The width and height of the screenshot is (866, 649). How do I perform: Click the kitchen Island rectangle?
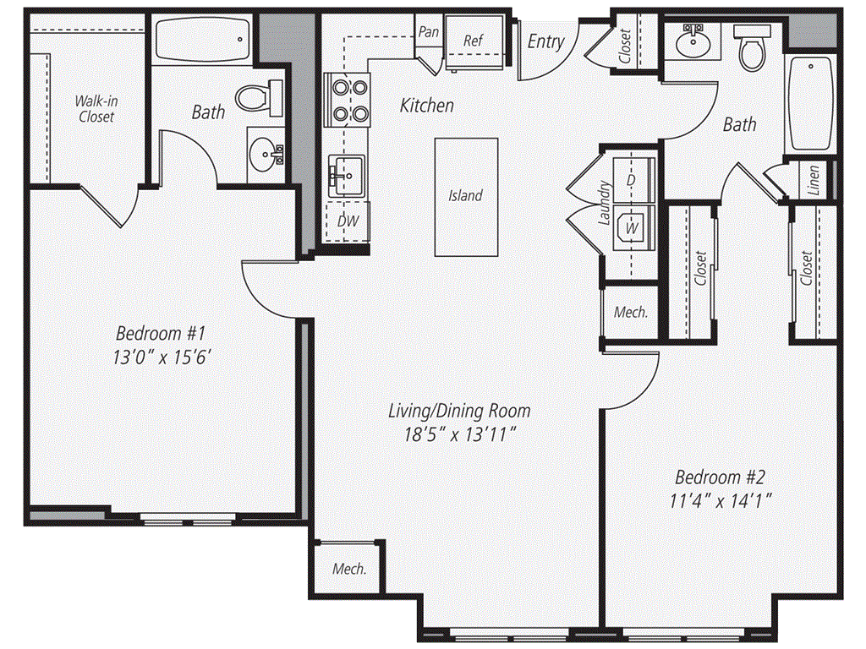(466, 196)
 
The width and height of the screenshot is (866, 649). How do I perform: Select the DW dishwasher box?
(348, 222)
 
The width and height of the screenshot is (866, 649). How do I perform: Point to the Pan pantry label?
(429, 32)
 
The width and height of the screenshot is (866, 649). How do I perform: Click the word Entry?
(545, 41)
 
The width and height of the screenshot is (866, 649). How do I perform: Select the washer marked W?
(630, 227)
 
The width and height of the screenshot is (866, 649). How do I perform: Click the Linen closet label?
(813, 178)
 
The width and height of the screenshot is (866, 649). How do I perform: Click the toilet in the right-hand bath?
(750, 49)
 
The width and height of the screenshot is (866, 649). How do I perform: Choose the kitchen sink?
(345, 176)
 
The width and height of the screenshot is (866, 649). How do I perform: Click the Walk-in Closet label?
(96, 109)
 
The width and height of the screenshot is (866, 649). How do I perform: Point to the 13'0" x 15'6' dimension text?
(162, 357)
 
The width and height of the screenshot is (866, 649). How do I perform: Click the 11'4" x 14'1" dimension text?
(721, 499)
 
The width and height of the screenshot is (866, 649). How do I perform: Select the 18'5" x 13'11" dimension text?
(460, 436)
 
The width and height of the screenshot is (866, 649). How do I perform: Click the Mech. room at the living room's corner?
(349, 569)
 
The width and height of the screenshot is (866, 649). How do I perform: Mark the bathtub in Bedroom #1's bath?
(204, 39)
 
